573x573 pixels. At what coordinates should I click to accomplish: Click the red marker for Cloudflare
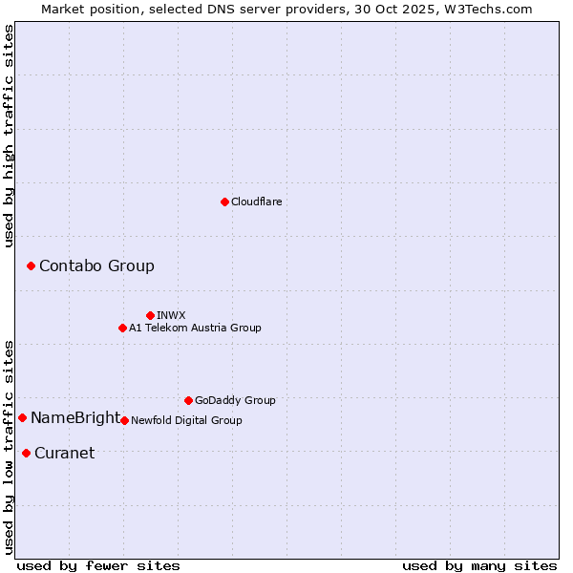(x=224, y=202)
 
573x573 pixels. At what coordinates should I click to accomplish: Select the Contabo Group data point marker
(x=31, y=265)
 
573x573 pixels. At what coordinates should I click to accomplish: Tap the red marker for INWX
(x=150, y=315)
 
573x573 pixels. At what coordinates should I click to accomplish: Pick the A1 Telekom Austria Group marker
(x=122, y=328)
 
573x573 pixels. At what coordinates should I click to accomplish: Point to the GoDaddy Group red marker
(x=188, y=400)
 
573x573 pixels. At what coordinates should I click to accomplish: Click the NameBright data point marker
(x=22, y=417)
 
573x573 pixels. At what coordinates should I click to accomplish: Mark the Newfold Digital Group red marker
(x=124, y=420)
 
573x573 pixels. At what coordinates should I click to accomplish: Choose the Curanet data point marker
(x=26, y=453)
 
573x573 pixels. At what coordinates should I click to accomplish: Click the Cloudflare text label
(x=256, y=202)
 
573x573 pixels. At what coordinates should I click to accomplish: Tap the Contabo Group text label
(x=96, y=266)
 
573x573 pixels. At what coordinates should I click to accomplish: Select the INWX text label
(x=171, y=315)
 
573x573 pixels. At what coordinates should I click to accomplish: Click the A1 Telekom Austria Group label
(x=195, y=328)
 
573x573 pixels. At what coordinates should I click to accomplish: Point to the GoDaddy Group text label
(x=235, y=400)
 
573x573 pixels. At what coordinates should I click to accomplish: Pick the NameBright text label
(x=75, y=418)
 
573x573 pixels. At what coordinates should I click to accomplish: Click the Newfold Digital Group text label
(x=186, y=420)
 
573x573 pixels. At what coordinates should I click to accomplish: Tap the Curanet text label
(x=64, y=454)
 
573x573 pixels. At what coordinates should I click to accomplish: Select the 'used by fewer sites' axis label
(x=98, y=565)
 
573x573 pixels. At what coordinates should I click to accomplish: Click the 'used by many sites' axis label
(x=479, y=565)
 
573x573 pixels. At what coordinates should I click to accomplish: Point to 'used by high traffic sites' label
(x=9, y=136)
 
